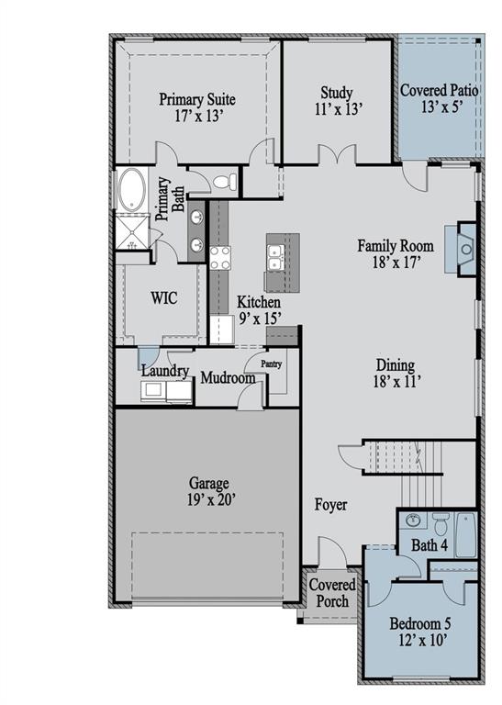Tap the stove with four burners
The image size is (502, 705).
click(220, 258)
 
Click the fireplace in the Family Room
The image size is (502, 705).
click(463, 248)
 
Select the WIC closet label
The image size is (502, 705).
click(163, 297)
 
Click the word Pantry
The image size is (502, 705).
click(271, 364)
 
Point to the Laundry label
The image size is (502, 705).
click(165, 372)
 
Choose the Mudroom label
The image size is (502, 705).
click(228, 377)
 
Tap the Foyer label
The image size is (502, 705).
click(330, 505)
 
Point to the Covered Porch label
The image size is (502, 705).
click(328, 593)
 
